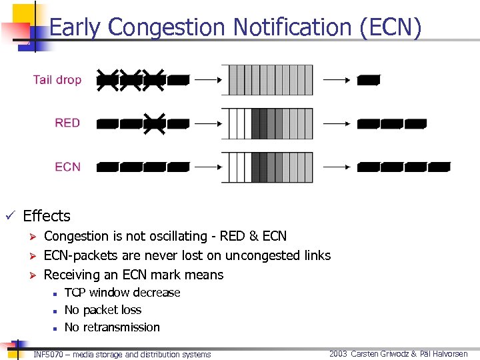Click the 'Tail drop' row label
pyautogui.click(x=57, y=80)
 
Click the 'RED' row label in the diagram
pyautogui.click(x=67, y=123)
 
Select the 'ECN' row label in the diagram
pyautogui.click(x=67, y=167)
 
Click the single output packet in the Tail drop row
pyautogui.click(x=369, y=81)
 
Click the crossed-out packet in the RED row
pyautogui.click(x=155, y=123)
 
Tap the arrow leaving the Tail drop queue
pyautogui.click(x=337, y=80)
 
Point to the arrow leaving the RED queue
pyautogui.click(x=337, y=123)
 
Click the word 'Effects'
pyautogui.click(x=47, y=216)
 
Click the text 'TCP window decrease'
pyautogui.click(x=122, y=293)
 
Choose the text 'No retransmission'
pyautogui.click(x=112, y=327)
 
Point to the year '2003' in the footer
pyautogui.click(x=338, y=354)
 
